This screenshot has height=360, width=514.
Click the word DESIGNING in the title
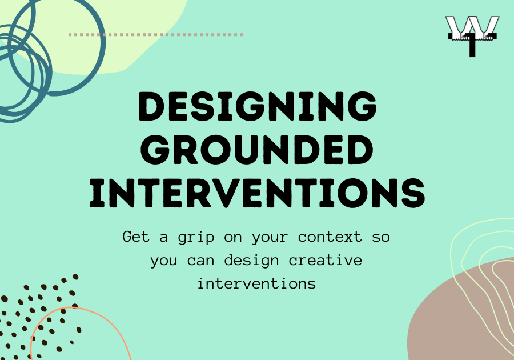[x=258, y=106]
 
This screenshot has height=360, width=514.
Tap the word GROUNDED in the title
[x=257, y=150]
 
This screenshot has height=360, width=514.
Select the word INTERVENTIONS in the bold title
[x=258, y=193]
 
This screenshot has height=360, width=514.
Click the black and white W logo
[x=472, y=36]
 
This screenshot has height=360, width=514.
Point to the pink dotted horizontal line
[x=156, y=34]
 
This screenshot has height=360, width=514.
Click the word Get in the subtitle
[x=136, y=237]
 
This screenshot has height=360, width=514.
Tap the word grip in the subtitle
[x=196, y=237]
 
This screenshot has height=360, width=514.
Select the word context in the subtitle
[x=330, y=237]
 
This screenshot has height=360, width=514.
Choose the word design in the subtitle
[x=252, y=261]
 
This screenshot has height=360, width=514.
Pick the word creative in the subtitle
[x=326, y=261]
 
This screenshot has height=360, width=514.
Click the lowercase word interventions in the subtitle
[x=256, y=283]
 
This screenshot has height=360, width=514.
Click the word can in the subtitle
[x=200, y=261]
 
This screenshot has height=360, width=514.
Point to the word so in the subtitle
[x=381, y=237]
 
